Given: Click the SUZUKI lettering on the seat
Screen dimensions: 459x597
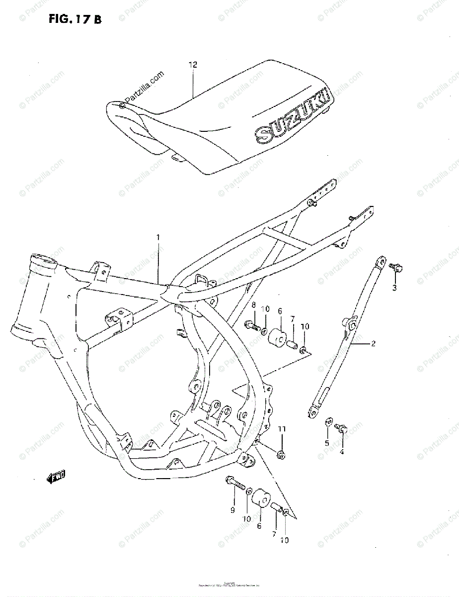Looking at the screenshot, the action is click(x=291, y=115).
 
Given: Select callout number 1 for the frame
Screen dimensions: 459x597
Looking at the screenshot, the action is click(x=158, y=237).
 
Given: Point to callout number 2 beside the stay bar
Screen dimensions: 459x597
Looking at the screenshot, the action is click(x=373, y=343).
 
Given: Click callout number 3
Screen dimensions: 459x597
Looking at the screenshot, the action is click(x=394, y=288).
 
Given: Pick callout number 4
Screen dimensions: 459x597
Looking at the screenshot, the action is click(x=342, y=452).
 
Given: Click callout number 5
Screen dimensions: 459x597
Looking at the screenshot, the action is click(x=327, y=443).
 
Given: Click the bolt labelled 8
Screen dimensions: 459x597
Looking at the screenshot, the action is click(x=252, y=326).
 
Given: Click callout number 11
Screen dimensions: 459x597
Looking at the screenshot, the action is click(x=282, y=429).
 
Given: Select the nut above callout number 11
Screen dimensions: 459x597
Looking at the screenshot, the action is click(x=280, y=453).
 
